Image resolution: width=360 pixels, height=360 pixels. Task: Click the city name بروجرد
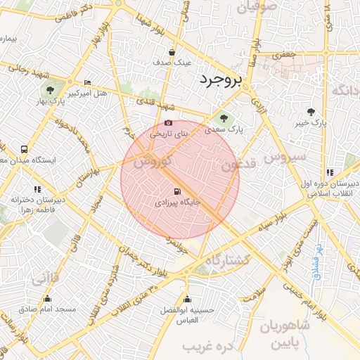(219, 80)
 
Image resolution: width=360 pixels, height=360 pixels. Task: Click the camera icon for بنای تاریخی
(167, 123)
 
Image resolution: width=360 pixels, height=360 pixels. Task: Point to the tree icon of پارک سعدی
(224, 118)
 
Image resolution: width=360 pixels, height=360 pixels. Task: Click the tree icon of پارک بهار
(50, 90)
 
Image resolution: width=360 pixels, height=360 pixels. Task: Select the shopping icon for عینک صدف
(172, 52)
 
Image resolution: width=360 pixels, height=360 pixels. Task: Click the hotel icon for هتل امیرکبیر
(87, 82)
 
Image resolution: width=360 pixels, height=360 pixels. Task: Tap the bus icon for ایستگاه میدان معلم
(25, 149)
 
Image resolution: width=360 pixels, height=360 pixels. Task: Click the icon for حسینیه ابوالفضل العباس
(186, 299)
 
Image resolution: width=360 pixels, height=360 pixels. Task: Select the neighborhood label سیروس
(285, 156)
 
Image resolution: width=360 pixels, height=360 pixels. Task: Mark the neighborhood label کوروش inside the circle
(153, 162)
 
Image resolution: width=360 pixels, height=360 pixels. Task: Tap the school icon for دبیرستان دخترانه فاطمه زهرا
(37, 188)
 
